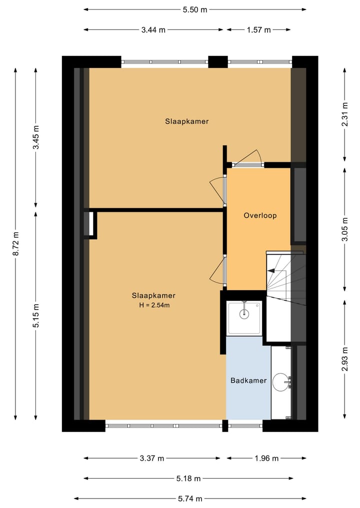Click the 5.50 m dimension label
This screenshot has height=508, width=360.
195,9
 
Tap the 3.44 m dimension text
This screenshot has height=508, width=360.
153,30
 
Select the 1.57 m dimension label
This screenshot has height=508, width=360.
258,30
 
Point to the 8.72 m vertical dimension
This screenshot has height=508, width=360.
16,244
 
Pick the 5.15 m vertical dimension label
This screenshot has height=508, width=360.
36,315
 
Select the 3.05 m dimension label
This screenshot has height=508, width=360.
344,229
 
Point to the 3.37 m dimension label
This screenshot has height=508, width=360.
151,458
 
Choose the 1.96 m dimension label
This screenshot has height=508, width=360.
266,458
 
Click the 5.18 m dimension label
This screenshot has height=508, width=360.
188,479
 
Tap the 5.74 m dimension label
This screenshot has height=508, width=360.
190,499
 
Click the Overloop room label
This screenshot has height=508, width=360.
260,216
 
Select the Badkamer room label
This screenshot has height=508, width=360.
248,381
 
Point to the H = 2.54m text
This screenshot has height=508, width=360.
153,305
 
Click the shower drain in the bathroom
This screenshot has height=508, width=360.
244,314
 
